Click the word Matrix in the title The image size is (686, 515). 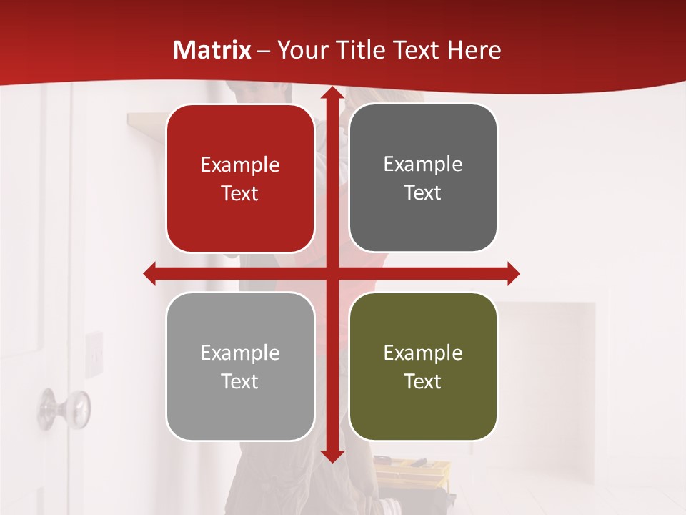(x=212, y=50)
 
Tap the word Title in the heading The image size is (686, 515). (x=360, y=50)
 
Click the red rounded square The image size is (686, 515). (x=240, y=179)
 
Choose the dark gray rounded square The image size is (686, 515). (x=423, y=178)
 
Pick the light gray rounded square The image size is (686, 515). (x=240, y=366)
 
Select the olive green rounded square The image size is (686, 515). (x=423, y=366)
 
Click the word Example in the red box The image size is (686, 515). (x=240, y=165)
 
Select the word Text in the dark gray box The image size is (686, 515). (x=423, y=193)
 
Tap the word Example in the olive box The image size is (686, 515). (x=423, y=353)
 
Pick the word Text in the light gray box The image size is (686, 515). (x=240, y=381)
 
